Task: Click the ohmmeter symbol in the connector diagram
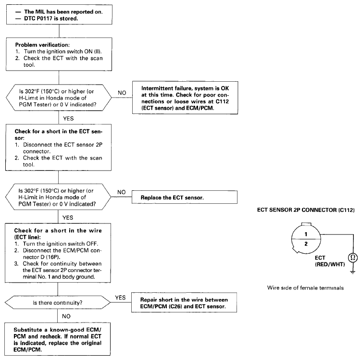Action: coord(353,257)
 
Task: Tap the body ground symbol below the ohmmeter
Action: coord(352,272)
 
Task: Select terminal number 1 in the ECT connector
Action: coord(306,234)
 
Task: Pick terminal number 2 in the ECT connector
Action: coord(306,244)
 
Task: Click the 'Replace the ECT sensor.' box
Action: coord(185,197)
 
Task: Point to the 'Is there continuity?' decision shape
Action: coord(58,302)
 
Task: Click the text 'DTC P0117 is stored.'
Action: coord(51,18)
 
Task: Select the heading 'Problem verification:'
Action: coord(42,45)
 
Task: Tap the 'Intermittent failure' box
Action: coord(185,98)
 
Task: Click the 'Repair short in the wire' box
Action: coord(184,302)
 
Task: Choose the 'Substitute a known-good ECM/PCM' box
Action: coord(58,339)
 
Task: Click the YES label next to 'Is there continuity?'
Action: coord(120,298)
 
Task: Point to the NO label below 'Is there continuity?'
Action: coord(66,316)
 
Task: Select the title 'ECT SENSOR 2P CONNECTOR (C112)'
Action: coord(306,210)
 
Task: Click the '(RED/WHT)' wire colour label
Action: coord(330,264)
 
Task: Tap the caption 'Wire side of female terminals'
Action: coord(305,288)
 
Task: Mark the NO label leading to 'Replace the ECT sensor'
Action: coord(122,192)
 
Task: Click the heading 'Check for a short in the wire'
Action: coord(58,231)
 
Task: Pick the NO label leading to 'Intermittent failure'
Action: coord(122,93)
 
